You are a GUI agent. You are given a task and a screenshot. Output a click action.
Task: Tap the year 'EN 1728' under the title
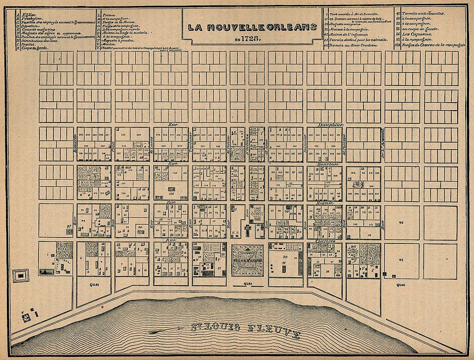click(251, 38)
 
